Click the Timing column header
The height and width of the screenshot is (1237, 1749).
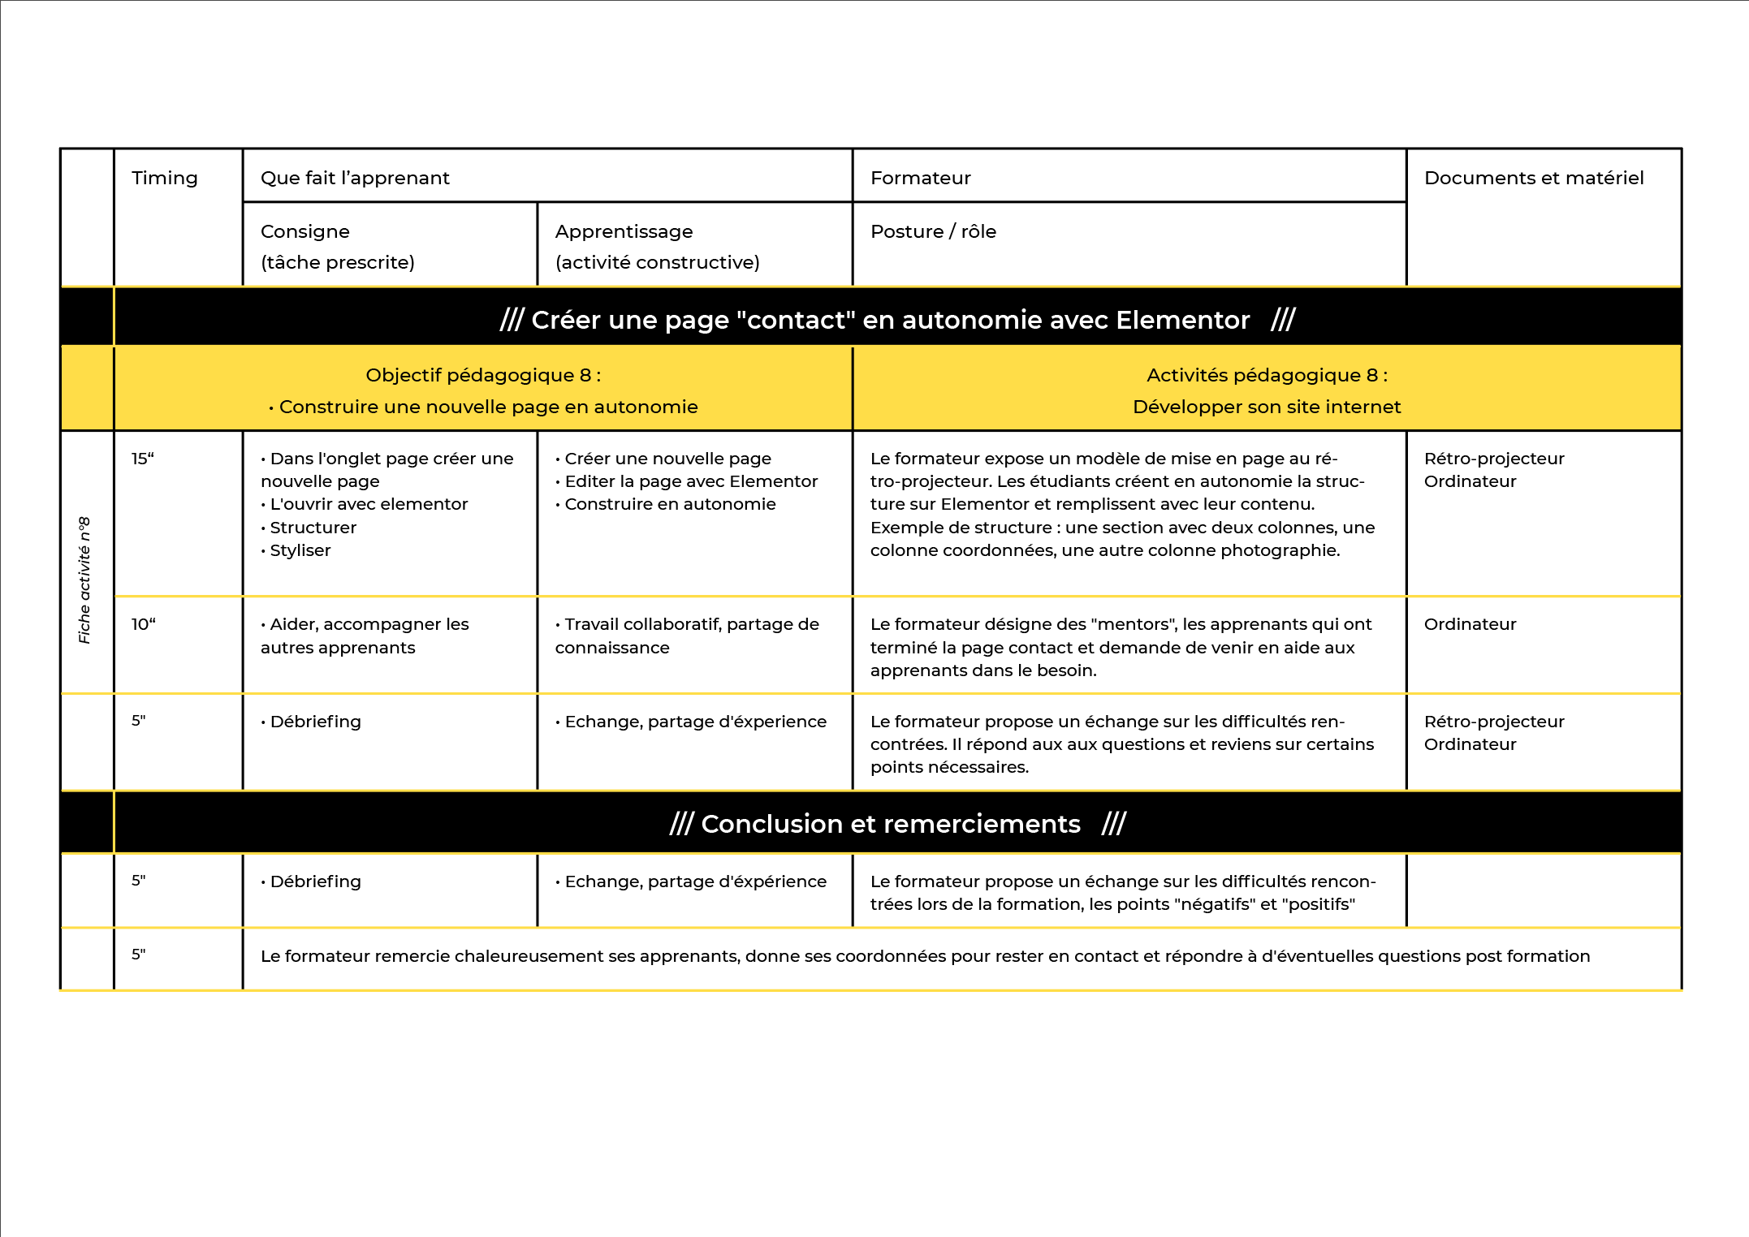coord(164,179)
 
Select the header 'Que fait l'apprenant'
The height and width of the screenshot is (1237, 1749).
coord(355,179)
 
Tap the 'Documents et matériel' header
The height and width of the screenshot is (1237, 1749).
coord(1533,179)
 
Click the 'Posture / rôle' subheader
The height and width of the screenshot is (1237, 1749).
coord(933,232)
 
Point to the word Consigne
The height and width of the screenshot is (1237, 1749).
coord(304,232)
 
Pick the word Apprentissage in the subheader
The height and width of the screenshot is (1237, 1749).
coord(624,232)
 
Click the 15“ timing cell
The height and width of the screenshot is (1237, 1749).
coord(143,459)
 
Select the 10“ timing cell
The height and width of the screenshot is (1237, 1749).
coord(144,625)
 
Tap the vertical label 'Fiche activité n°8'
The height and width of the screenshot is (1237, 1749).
coord(84,580)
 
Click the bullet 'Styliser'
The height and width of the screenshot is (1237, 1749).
coord(300,551)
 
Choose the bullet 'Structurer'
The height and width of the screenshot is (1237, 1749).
coord(313,528)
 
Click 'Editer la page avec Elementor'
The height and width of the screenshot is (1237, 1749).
coord(690,482)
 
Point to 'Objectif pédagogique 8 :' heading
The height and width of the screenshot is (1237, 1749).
coord(483,376)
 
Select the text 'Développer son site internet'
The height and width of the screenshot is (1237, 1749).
coord(1267,407)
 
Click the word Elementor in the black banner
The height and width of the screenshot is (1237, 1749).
coord(1182,321)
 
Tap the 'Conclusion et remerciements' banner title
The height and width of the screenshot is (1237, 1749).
coord(890,825)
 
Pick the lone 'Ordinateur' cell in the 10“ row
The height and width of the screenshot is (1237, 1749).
coord(1470,625)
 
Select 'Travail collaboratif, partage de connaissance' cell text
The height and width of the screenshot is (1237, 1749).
coord(687,636)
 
